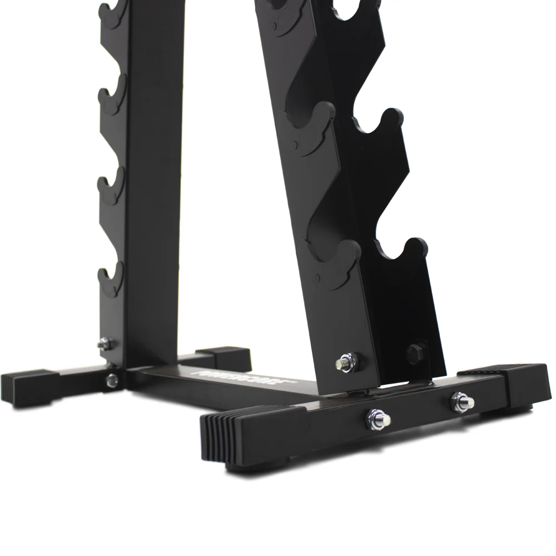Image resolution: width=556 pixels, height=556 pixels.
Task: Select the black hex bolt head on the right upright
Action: [x=414, y=353]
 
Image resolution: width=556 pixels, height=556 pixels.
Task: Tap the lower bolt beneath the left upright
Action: [x=112, y=379]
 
